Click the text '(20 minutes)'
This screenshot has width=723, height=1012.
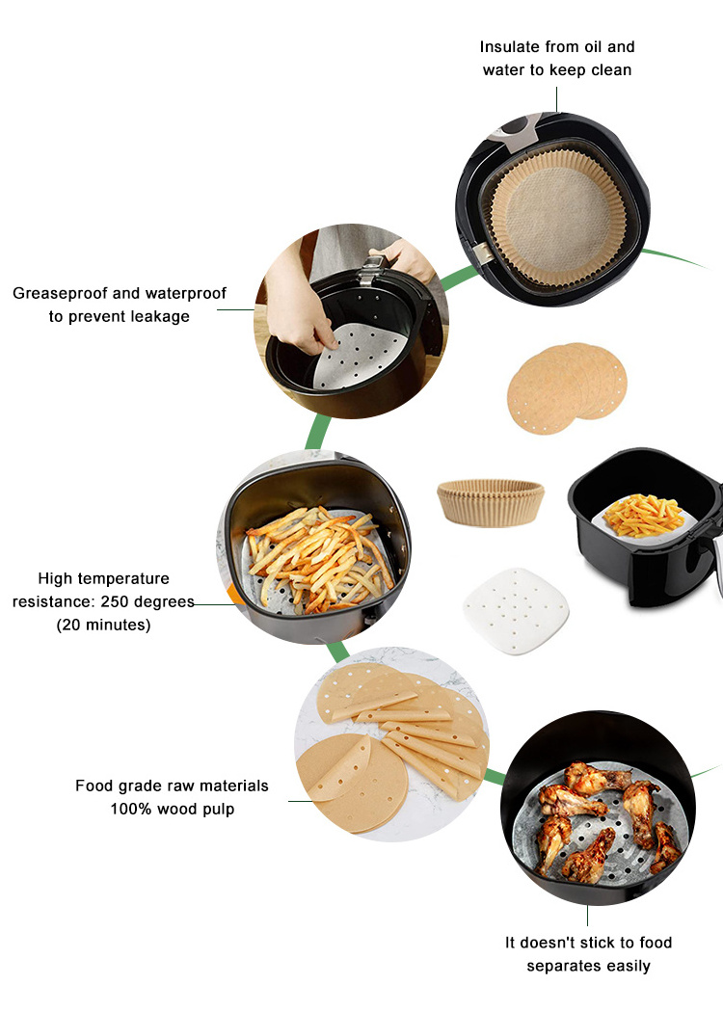[x=103, y=625]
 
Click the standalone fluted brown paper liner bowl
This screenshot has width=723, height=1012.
[x=491, y=502]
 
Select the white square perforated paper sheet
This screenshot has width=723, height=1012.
[x=516, y=611]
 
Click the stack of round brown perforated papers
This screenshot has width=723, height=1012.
[x=567, y=387]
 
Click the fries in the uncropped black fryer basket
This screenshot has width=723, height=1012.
[x=644, y=515]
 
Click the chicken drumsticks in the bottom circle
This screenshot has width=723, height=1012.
[x=601, y=816]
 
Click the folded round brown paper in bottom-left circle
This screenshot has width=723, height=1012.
[x=352, y=781]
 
